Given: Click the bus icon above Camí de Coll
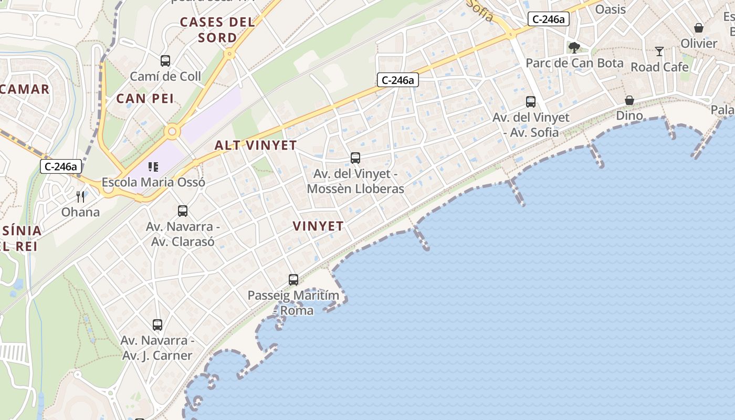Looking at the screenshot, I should [x=165, y=61].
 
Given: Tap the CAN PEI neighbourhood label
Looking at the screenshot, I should [x=145, y=98].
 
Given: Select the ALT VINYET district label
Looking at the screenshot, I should [x=256, y=145].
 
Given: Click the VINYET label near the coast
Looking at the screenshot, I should [x=318, y=226].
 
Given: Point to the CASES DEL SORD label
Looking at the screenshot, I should [x=217, y=30].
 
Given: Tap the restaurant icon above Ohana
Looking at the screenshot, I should [x=80, y=197].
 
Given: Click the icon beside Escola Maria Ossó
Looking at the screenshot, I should [x=153, y=167].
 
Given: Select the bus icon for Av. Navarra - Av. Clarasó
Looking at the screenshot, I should [x=183, y=211].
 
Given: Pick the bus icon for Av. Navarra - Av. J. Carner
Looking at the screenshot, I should [x=157, y=325].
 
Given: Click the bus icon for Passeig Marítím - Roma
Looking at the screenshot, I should [x=293, y=280].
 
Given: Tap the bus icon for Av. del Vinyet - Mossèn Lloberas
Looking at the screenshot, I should [x=355, y=158].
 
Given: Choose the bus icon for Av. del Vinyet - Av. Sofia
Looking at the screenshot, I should [x=531, y=102].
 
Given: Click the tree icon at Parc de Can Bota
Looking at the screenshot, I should [x=574, y=48].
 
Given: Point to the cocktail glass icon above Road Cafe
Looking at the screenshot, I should [x=659, y=51].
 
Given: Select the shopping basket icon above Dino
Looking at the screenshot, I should [x=629, y=100].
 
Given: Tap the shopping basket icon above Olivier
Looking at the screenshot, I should [x=699, y=28].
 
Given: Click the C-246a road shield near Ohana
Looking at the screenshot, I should [x=61, y=167].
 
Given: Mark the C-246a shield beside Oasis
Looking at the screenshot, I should [x=549, y=19].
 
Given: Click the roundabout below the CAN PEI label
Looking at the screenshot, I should [x=172, y=132].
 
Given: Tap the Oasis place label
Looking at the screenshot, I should [x=611, y=9].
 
